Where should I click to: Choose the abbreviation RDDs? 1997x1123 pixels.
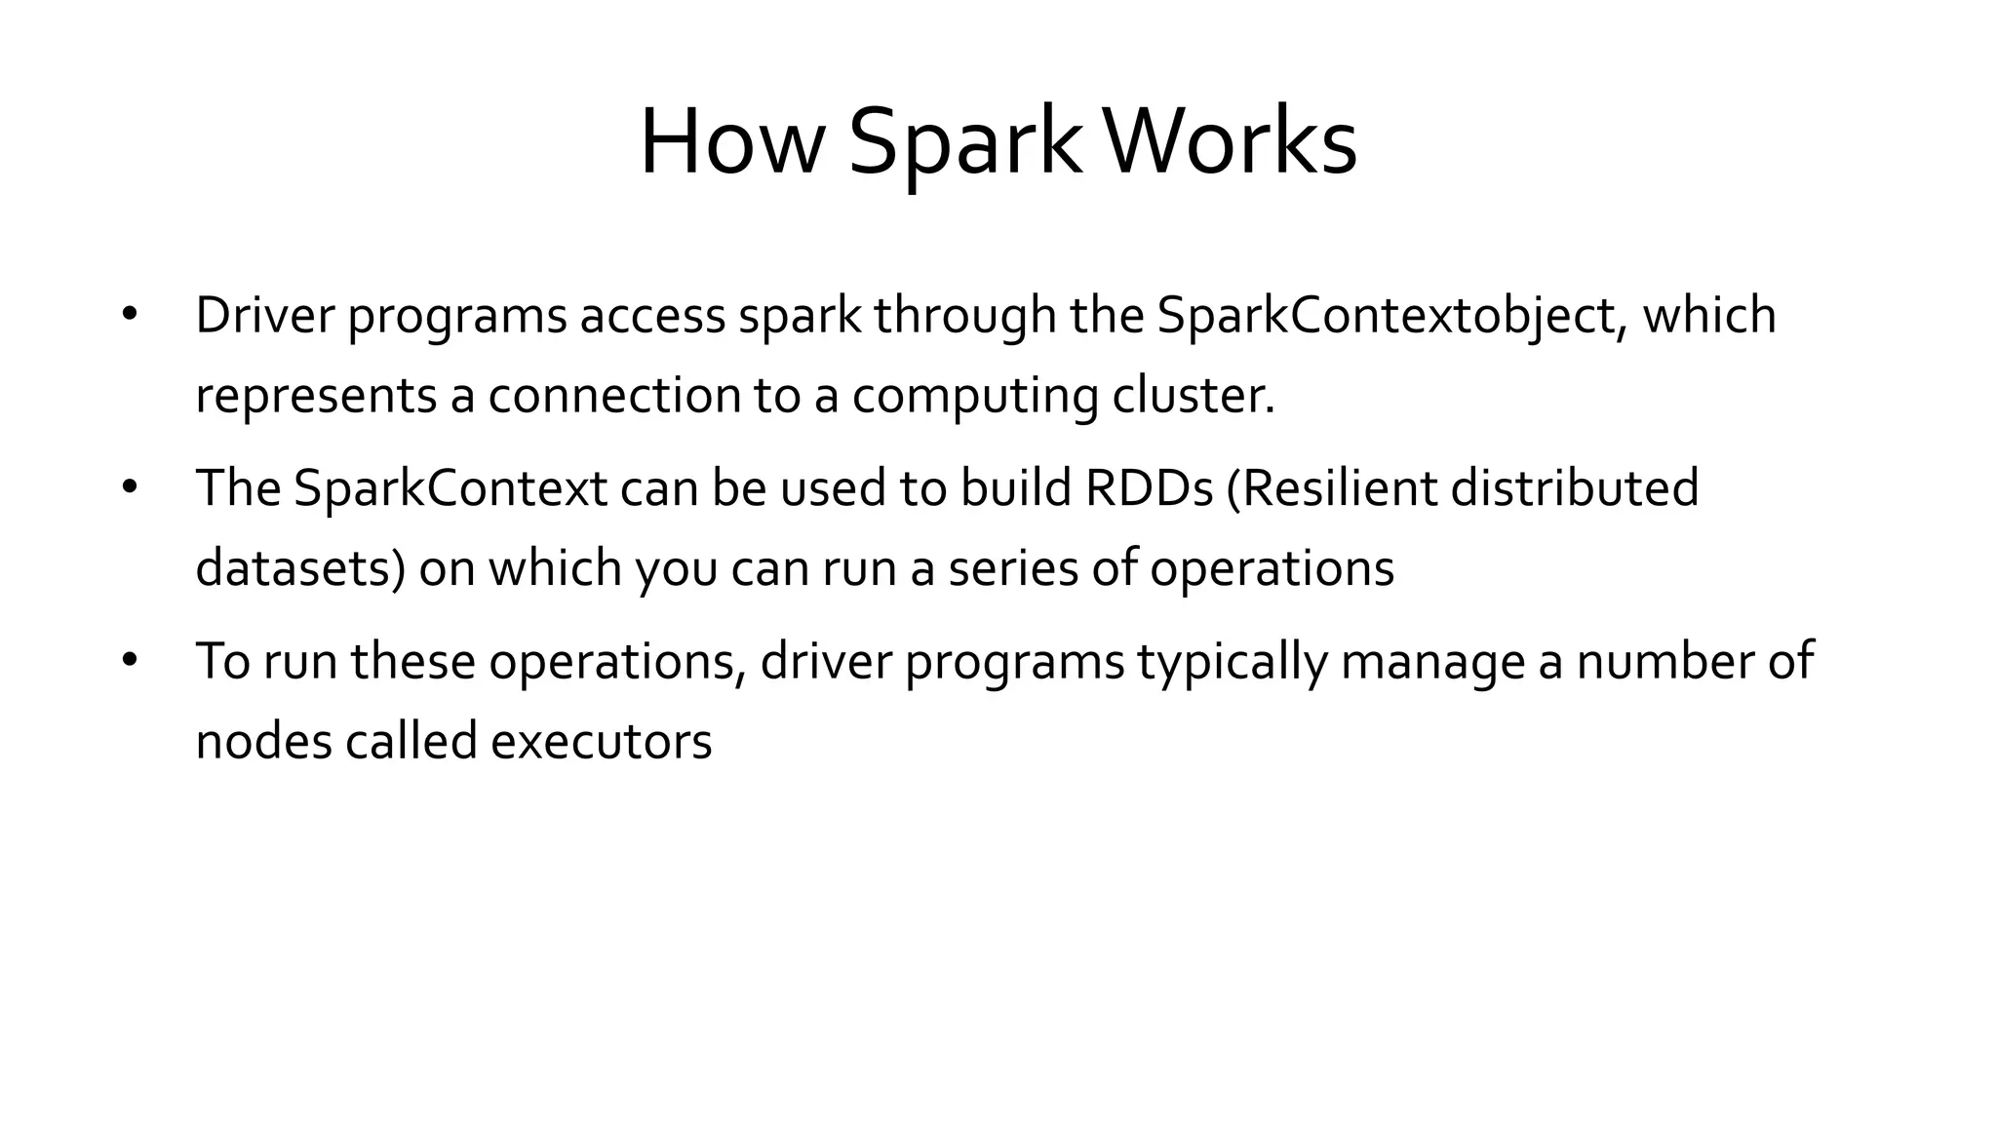1149,488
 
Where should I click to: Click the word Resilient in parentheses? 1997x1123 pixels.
1331,488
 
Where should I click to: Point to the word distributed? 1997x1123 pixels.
1575,488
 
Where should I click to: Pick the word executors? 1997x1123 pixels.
601,742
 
